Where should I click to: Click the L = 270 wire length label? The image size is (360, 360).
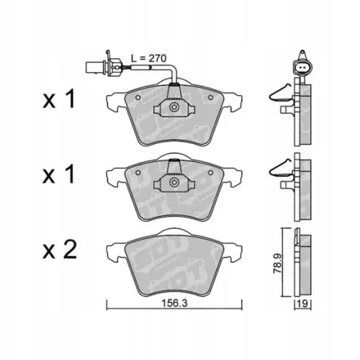click(148, 58)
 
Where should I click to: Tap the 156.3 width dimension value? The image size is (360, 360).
click(174, 304)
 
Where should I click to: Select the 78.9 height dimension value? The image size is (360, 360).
click(277, 264)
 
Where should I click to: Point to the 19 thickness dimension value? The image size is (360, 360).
click(303, 304)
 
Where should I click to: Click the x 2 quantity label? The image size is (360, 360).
click(60, 250)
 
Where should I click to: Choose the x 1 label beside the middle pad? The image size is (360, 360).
click(59, 175)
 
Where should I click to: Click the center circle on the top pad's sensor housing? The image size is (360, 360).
click(174, 107)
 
